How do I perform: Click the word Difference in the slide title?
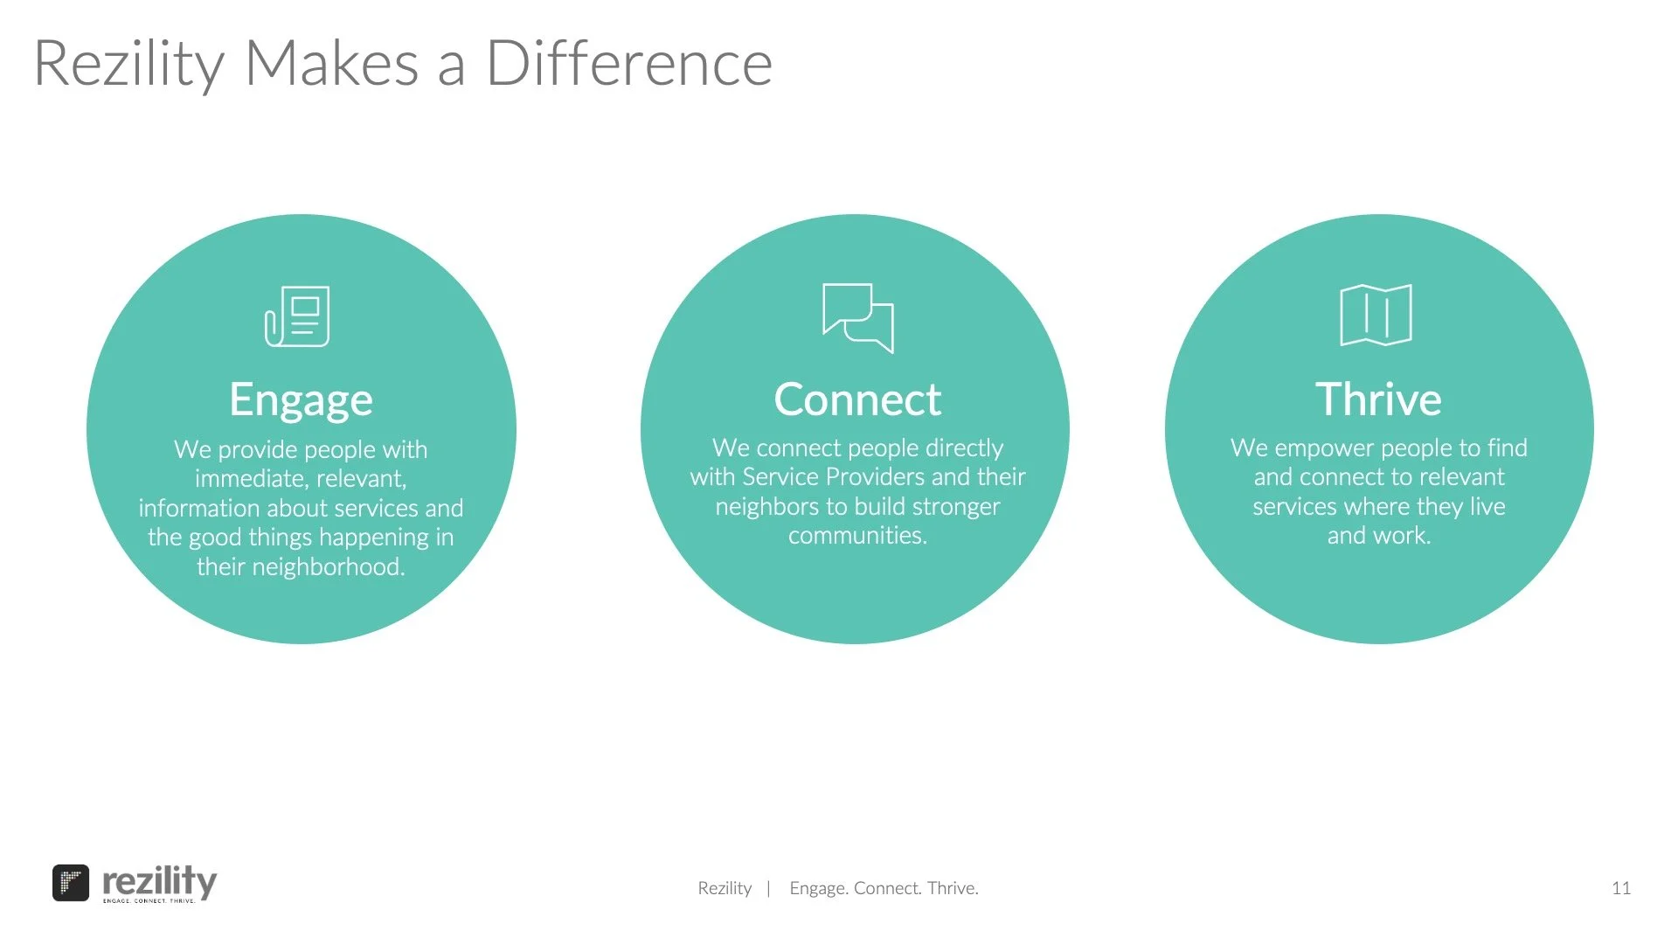click(629, 63)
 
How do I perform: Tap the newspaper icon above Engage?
click(297, 316)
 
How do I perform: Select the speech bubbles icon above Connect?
click(857, 317)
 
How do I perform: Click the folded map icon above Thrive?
click(1376, 315)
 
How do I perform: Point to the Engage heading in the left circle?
click(301, 399)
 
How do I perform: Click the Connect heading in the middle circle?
click(857, 399)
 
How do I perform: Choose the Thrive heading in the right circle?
click(1378, 399)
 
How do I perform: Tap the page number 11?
click(1621, 888)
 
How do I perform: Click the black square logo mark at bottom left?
click(71, 883)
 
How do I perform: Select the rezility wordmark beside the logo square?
click(160, 881)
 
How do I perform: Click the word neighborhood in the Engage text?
click(328, 567)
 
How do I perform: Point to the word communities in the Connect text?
click(856, 536)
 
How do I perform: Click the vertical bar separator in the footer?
click(768, 889)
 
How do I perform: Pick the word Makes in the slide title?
click(332, 63)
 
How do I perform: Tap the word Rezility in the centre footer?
click(725, 888)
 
